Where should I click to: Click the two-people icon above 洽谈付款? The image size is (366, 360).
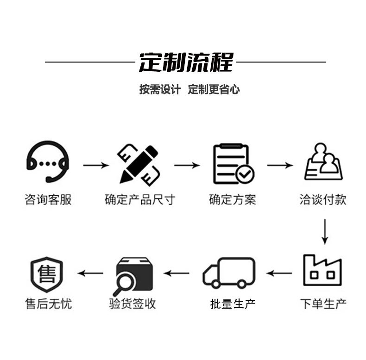(323, 162)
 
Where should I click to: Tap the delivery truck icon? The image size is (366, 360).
(229, 273)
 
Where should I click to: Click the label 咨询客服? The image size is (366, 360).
(48, 200)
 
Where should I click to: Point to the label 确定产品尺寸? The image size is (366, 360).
(140, 200)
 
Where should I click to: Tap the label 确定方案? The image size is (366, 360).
(233, 200)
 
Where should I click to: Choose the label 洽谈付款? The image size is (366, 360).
(323, 200)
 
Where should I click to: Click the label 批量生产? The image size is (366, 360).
(233, 304)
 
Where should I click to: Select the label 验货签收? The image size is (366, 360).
(133, 304)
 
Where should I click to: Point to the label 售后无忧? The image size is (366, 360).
(48, 304)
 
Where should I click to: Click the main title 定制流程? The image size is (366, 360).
(186, 62)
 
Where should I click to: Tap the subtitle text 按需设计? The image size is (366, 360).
(159, 89)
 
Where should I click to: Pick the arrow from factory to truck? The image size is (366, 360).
(279, 273)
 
